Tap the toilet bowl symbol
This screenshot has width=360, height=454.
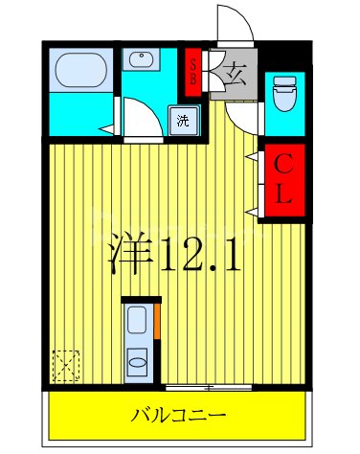(284, 94)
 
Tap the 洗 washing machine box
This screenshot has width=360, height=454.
(182, 121)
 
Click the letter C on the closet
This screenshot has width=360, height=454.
(284, 165)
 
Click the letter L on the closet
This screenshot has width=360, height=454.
(284, 197)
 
